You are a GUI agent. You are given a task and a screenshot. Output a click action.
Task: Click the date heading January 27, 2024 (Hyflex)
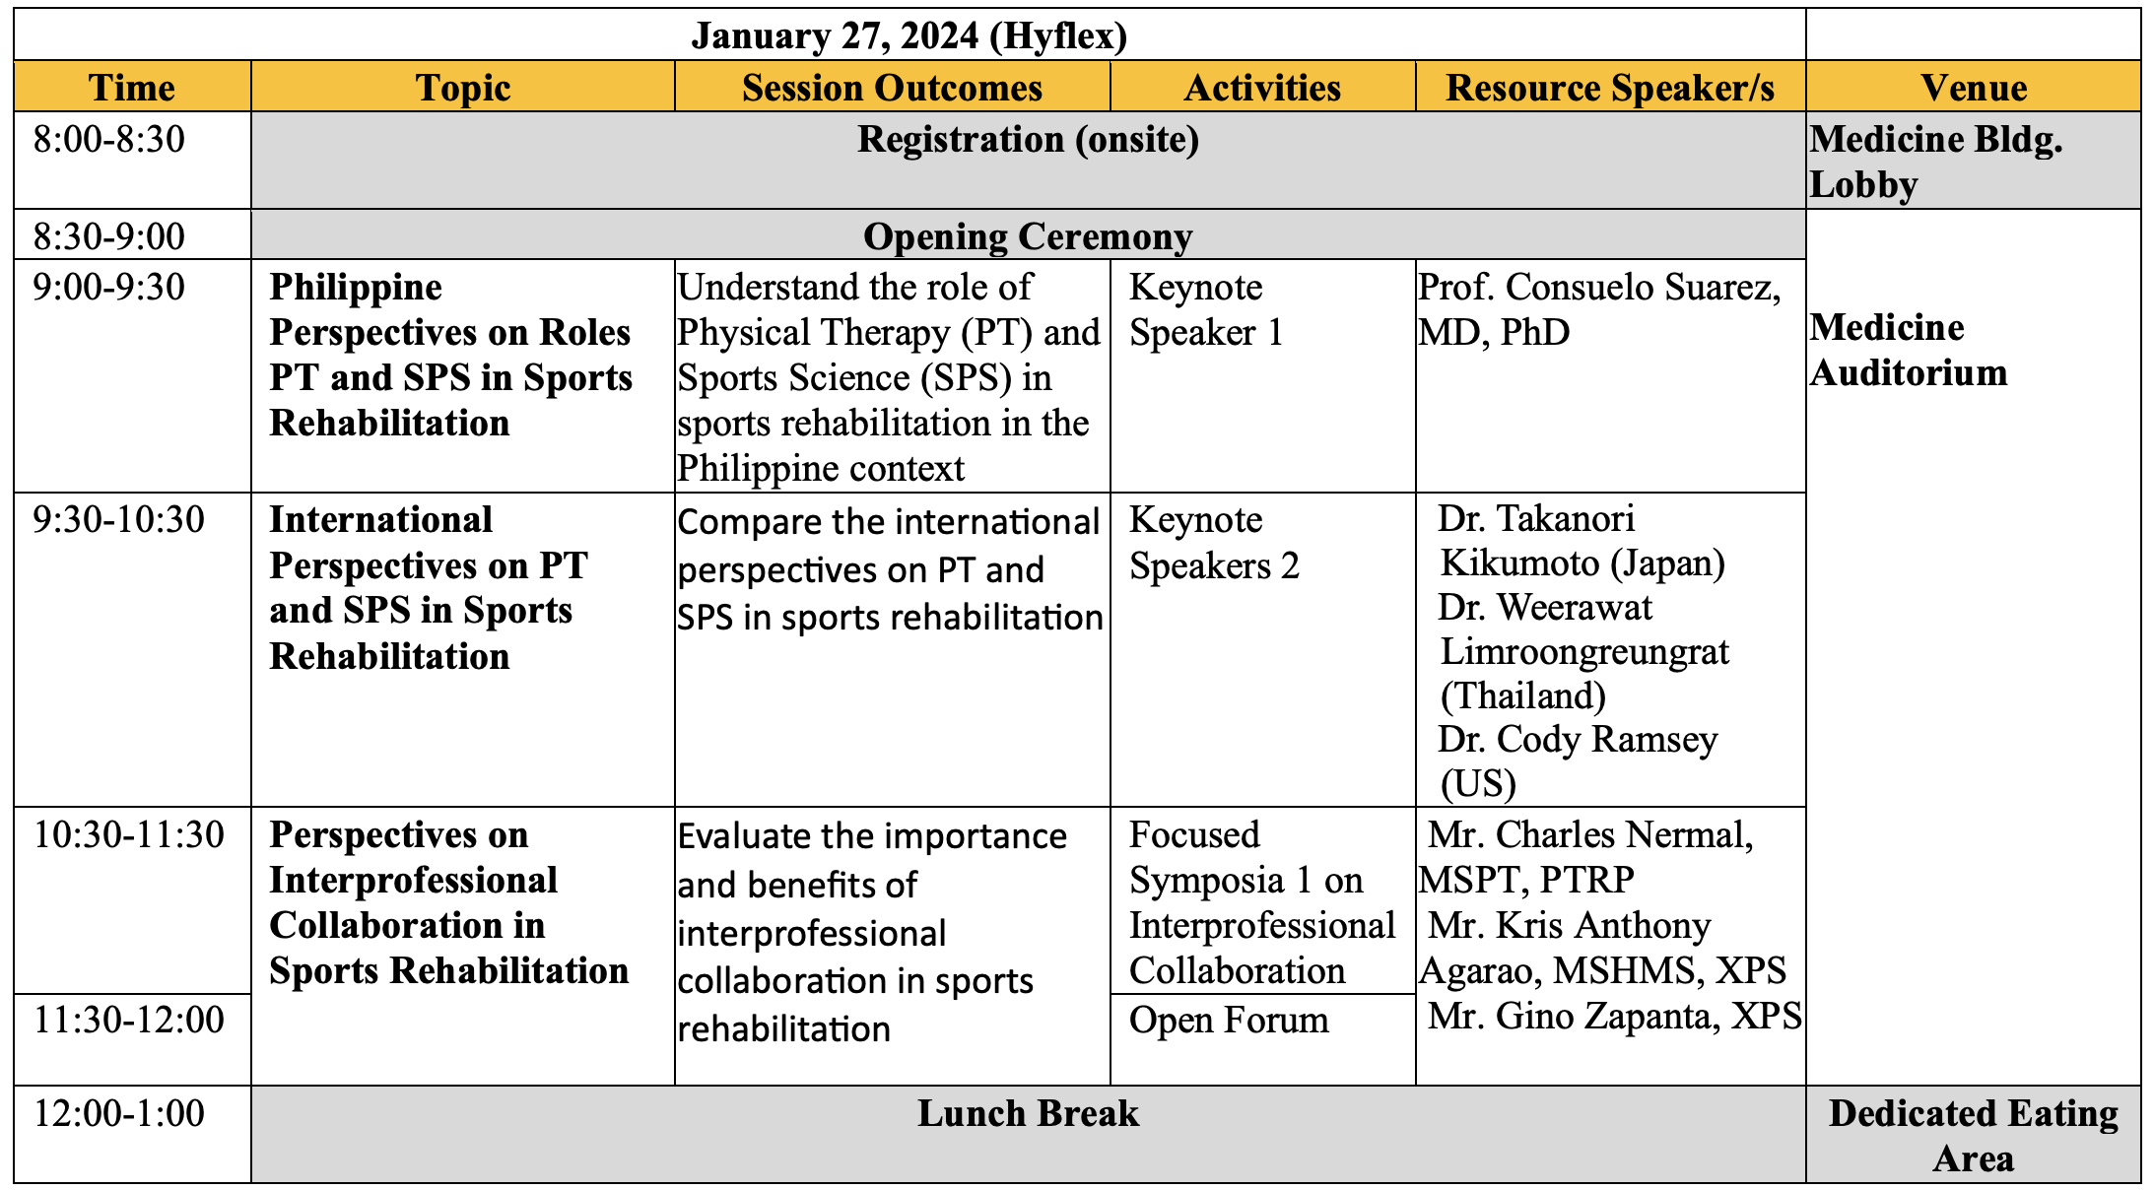click(909, 36)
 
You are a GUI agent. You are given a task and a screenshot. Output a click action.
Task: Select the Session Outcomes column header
click(892, 88)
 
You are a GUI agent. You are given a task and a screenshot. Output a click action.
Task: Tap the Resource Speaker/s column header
click(1610, 88)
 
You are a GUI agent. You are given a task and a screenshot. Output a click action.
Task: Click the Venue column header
click(1974, 88)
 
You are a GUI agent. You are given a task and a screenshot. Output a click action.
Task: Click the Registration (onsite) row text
click(1028, 140)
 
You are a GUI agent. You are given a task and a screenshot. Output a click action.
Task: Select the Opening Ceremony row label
click(1028, 236)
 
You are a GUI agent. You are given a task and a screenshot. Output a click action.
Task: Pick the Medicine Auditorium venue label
click(1909, 350)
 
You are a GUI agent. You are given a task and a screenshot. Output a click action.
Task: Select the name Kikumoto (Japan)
click(1582, 562)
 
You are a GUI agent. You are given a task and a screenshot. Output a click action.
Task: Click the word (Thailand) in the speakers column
click(1523, 695)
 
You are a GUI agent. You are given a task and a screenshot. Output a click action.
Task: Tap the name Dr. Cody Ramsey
click(1577, 739)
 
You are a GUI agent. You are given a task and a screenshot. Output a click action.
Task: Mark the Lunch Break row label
click(1028, 1113)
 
